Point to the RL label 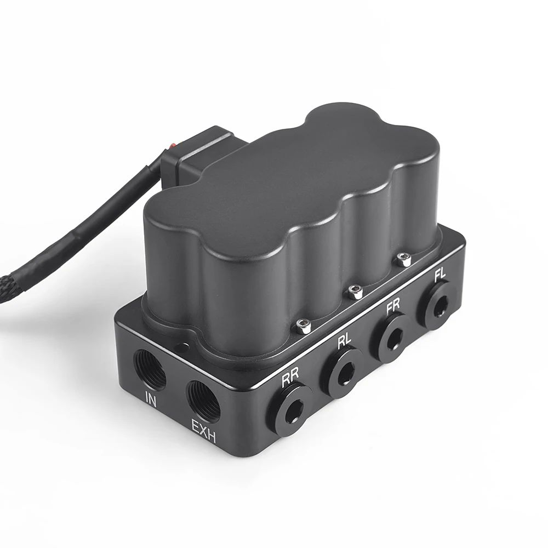[344, 342]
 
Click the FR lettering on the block [393, 307]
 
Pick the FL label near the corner [439, 276]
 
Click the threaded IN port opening [149, 370]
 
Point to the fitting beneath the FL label [437, 304]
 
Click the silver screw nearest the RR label [304, 327]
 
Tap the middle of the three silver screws [356, 293]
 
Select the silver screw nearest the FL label [404, 260]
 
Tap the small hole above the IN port [179, 346]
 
